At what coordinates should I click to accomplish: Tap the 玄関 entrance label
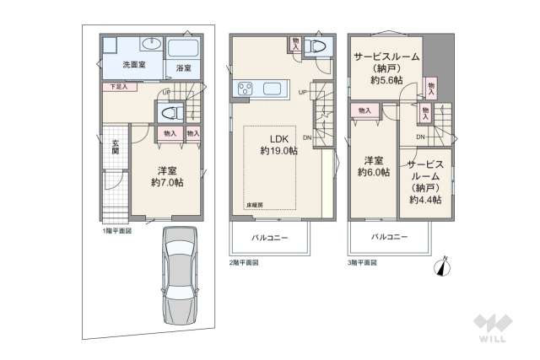click(115, 146)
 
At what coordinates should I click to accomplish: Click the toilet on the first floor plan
click(168, 110)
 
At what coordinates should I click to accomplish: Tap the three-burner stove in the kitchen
click(248, 88)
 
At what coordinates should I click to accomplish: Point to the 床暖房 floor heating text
click(256, 205)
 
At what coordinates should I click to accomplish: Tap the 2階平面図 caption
click(244, 263)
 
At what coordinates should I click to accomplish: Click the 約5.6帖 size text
click(386, 80)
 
